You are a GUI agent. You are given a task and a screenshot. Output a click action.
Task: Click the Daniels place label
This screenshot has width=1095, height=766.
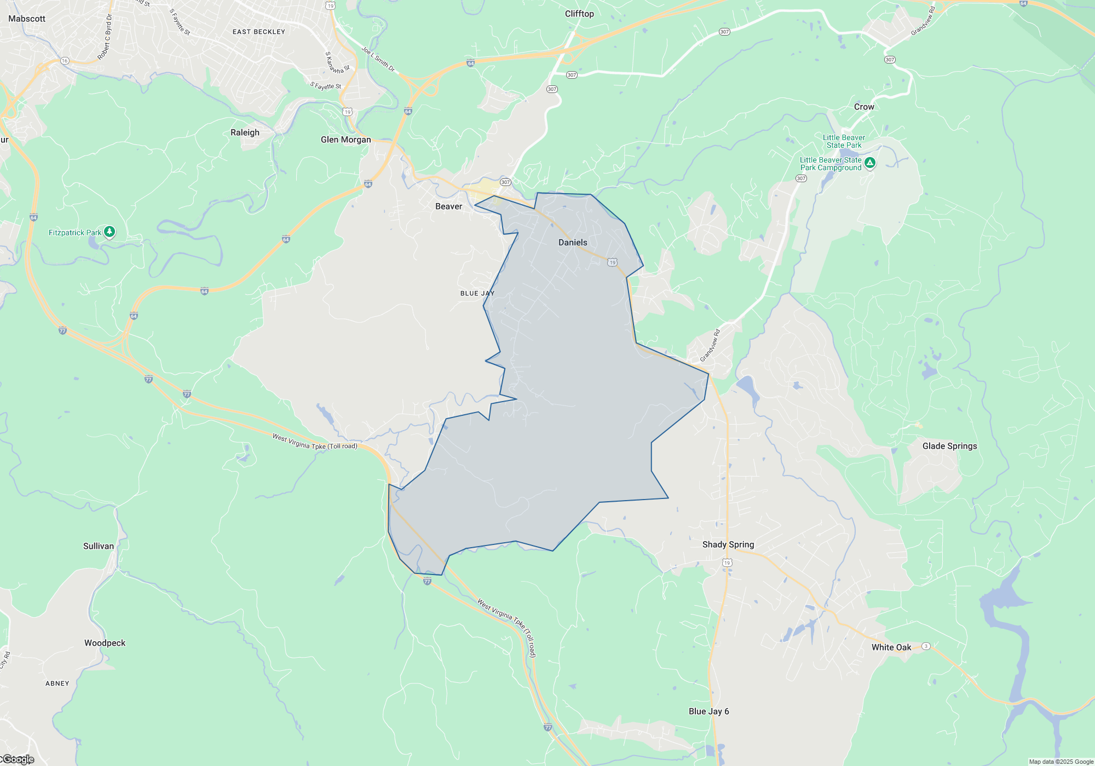(x=573, y=242)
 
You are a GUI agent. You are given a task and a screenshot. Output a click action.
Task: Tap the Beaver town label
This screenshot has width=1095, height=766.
(x=448, y=206)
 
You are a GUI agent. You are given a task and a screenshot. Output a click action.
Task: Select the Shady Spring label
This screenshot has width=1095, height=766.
(x=728, y=544)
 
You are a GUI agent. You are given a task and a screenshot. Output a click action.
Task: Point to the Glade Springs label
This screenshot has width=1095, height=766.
(x=949, y=446)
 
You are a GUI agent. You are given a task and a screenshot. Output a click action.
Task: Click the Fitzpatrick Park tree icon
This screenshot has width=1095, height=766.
(x=109, y=232)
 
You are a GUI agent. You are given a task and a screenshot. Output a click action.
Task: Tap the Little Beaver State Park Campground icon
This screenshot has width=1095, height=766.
(x=869, y=163)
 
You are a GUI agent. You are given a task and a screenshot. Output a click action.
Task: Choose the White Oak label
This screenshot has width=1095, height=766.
(x=891, y=647)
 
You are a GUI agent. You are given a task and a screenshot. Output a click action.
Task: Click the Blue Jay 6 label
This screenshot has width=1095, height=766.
(x=708, y=711)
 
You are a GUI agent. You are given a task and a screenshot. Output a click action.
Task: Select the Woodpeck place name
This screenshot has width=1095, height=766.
(x=105, y=643)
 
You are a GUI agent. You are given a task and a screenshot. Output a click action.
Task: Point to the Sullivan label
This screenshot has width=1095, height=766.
(x=99, y=546)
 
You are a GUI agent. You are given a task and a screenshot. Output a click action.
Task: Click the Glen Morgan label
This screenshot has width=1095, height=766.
(x=345, y=140)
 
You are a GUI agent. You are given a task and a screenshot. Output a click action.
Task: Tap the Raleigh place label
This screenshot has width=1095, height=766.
(x=245, y=132)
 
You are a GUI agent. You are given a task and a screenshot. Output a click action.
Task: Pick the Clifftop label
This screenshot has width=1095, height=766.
(x=579, y=14)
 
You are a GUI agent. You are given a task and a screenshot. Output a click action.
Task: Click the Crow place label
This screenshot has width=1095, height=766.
(x=864, y=107)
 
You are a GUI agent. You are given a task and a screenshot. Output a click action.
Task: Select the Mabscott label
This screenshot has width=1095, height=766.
(x=27, y=19)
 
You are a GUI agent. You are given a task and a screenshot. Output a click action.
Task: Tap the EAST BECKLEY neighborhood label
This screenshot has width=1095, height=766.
(x=259, y=32)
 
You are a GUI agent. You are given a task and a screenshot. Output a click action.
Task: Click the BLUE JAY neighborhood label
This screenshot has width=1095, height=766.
(x=477, y=293)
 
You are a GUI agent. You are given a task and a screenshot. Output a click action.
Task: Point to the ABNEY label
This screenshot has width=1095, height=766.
(x=57, y=683)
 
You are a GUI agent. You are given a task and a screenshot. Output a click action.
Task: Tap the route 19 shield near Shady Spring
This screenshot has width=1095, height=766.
(x=727, y=562)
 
